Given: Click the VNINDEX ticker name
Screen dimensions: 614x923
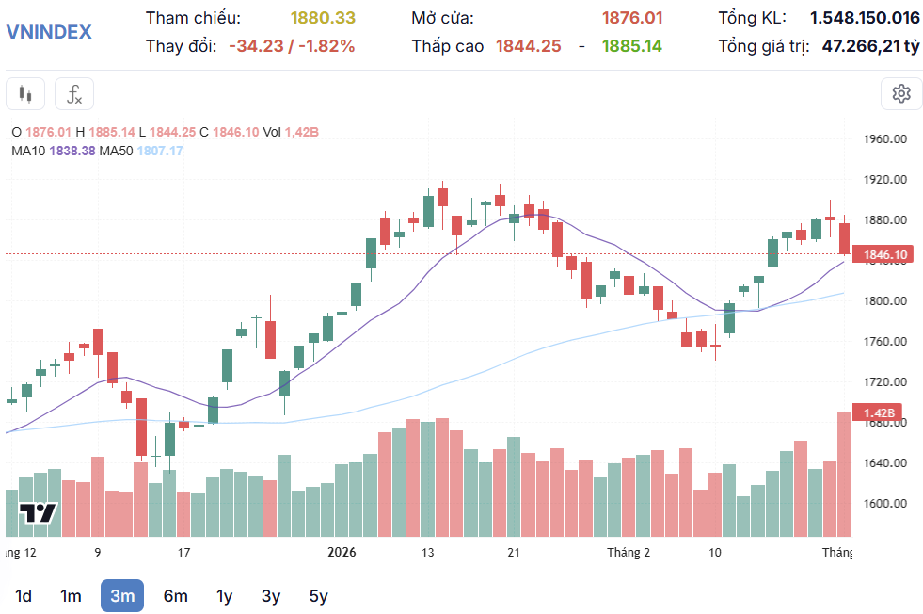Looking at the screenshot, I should (x=49, y=31).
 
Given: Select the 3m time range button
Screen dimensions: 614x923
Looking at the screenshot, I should (x=122, y=595).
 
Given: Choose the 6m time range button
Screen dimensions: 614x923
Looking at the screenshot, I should (x=175, y=595).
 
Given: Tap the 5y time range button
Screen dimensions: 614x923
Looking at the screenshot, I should (x=319, y=595).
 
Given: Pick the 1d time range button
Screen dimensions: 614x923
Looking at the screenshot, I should (x=24, y=595).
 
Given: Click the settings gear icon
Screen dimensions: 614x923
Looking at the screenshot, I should (x=901, y=93).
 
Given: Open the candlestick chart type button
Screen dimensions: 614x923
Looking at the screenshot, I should (x=25, y=94).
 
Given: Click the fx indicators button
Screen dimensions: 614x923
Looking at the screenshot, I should (x=74, y=94).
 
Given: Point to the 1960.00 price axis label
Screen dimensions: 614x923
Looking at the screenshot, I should (x=884, y=139).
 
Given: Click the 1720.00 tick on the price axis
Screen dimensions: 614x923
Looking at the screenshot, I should (x=884, y=382).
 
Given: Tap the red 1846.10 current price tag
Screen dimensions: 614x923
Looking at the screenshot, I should (x=884, y=255).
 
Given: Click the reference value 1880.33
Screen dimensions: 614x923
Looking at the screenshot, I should (x=323, y=18).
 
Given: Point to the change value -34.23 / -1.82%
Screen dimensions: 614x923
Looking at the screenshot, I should (x=292, y=45).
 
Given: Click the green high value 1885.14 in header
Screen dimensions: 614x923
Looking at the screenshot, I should (x=631, y=45).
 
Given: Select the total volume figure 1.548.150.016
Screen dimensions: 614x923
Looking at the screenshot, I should (x=865, y=18).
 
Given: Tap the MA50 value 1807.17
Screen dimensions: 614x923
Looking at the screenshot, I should (x=160, y=151).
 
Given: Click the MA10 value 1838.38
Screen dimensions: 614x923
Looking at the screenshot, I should (x=72, y=151).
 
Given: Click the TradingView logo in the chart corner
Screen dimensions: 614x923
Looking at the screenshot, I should (x=39, y=513).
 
